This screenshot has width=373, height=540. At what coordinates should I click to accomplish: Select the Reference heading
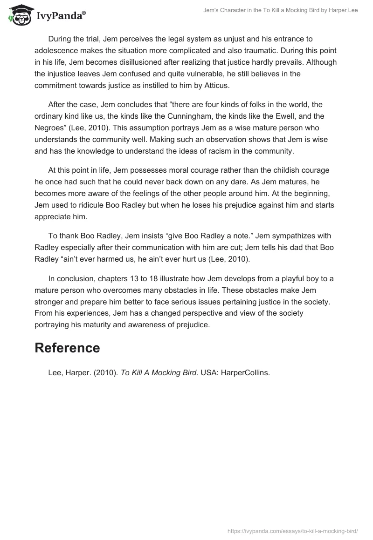point(67,348)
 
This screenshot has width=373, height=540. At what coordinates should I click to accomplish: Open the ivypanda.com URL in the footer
point(293,531)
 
